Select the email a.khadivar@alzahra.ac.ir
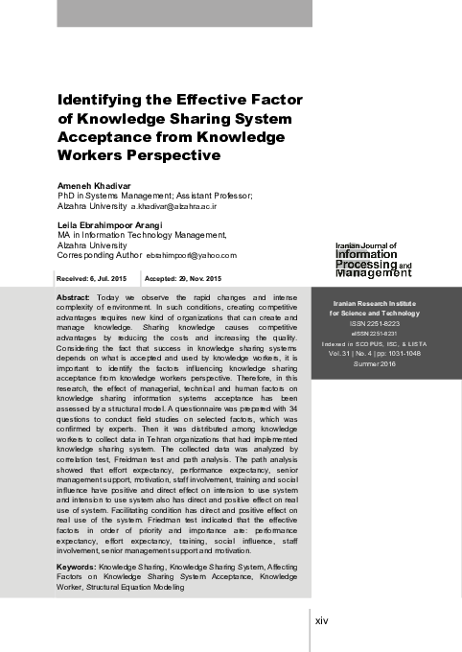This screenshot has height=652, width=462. (x=174, y=205)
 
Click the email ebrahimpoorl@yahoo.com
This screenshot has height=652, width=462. (x=191, y=256)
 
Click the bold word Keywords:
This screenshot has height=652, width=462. (x=78, y=568)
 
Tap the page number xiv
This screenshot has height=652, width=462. (x=322, y=620)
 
